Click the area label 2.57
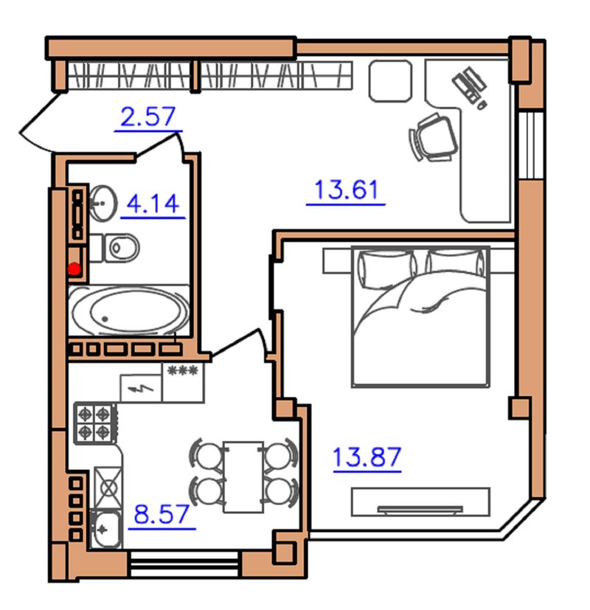point(148,117)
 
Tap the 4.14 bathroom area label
point(153,204)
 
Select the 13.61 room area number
point(346,190)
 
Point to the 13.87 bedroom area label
point(367,457)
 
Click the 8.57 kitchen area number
point(162,514)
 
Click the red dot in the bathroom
point(74,268)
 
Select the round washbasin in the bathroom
point(103,203)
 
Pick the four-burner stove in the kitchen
point(95,423)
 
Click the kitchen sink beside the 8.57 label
point(105,528)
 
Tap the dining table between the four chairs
point(244,476)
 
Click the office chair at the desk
point(433,137)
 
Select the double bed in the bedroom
point(420,316)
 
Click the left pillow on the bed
point(387,268)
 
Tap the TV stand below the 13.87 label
point(420,502)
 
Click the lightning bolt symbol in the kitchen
point(141,388)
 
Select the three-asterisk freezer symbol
point(182,370)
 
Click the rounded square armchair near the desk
point(390,81)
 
